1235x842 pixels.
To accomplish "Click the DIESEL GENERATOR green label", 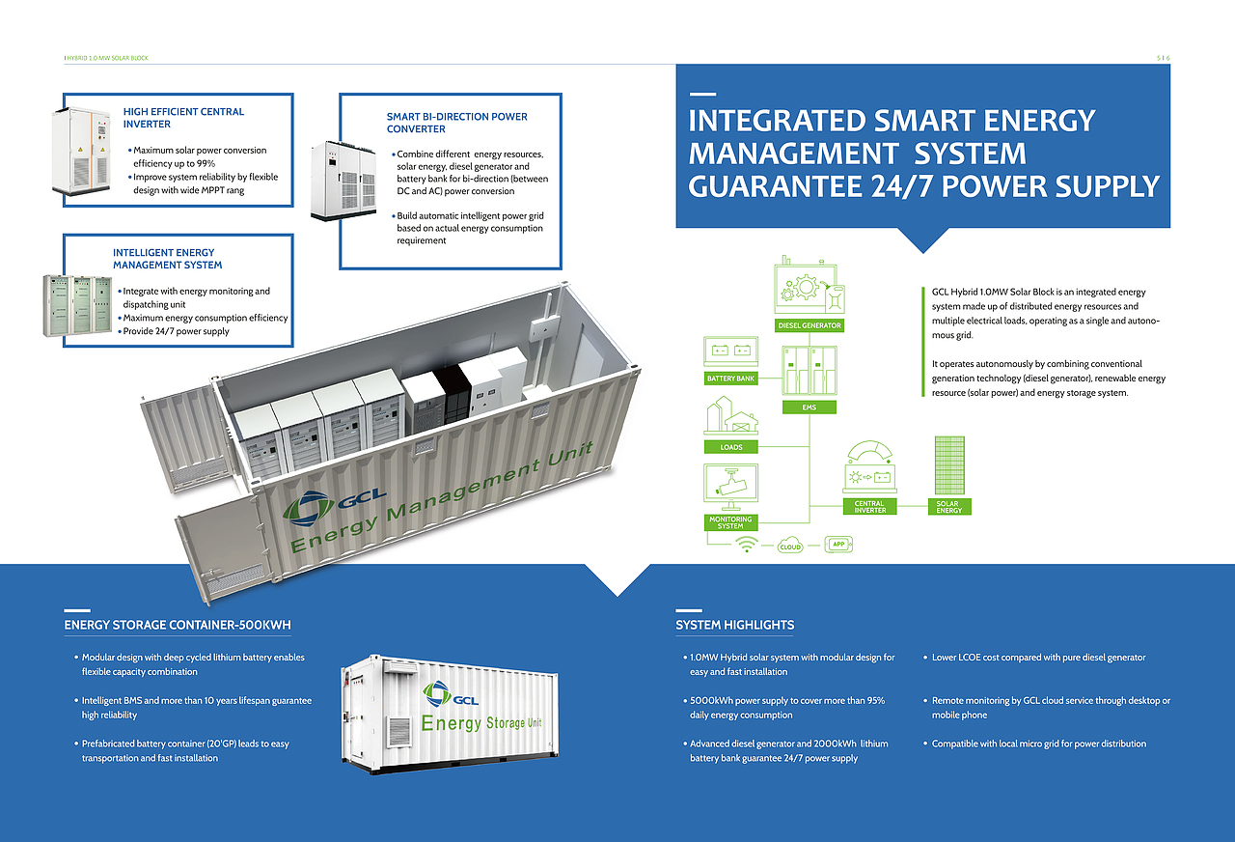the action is [809, 325].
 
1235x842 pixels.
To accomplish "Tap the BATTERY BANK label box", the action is [730, 378].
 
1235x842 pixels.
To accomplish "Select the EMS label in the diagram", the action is [809, 407].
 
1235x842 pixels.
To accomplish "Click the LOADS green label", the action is [731, 447].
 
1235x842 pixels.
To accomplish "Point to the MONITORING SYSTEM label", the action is [730, 522].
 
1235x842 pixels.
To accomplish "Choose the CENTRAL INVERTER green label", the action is [869, 507].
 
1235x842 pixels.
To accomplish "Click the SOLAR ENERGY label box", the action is [948, 507].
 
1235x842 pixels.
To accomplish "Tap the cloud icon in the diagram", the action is [790, 546].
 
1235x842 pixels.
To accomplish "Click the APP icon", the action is [838, 544].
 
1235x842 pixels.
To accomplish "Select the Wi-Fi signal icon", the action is [747, 544].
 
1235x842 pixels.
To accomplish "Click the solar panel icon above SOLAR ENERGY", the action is [949, 465].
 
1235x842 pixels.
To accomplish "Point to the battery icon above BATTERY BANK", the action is [730, 351].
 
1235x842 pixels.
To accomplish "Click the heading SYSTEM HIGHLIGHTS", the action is [735, 625].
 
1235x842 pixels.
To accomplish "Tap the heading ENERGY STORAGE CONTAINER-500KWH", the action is [178, 625].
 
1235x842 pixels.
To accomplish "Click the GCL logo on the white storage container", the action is [450, 694].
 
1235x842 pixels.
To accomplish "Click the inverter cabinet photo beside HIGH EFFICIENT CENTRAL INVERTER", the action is [81, 151].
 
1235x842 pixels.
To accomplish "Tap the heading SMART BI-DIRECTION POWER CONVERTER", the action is [456, 123].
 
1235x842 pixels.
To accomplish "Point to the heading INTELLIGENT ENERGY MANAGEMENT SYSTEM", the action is [167, 258].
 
